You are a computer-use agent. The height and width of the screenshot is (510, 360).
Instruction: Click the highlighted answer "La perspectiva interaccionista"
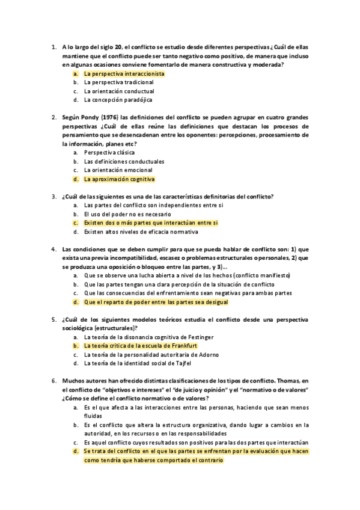click(x=124, y=73)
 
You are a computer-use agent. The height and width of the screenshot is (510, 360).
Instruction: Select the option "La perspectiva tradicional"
click(x=119, y=82)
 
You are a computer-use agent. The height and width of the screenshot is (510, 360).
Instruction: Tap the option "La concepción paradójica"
click(x=118, y=100)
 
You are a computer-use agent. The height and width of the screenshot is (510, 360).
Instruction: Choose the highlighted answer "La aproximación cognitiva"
click(x=119, y=179)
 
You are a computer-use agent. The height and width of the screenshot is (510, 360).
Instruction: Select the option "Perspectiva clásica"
click(x=109, y=153)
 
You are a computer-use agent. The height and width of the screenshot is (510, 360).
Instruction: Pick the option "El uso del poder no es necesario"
click(x=127, y=214)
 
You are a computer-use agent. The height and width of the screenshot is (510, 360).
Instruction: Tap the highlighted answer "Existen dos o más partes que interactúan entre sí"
click(x=151, y=223)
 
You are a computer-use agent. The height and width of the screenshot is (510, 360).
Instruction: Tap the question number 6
click(x=53, y=381)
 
